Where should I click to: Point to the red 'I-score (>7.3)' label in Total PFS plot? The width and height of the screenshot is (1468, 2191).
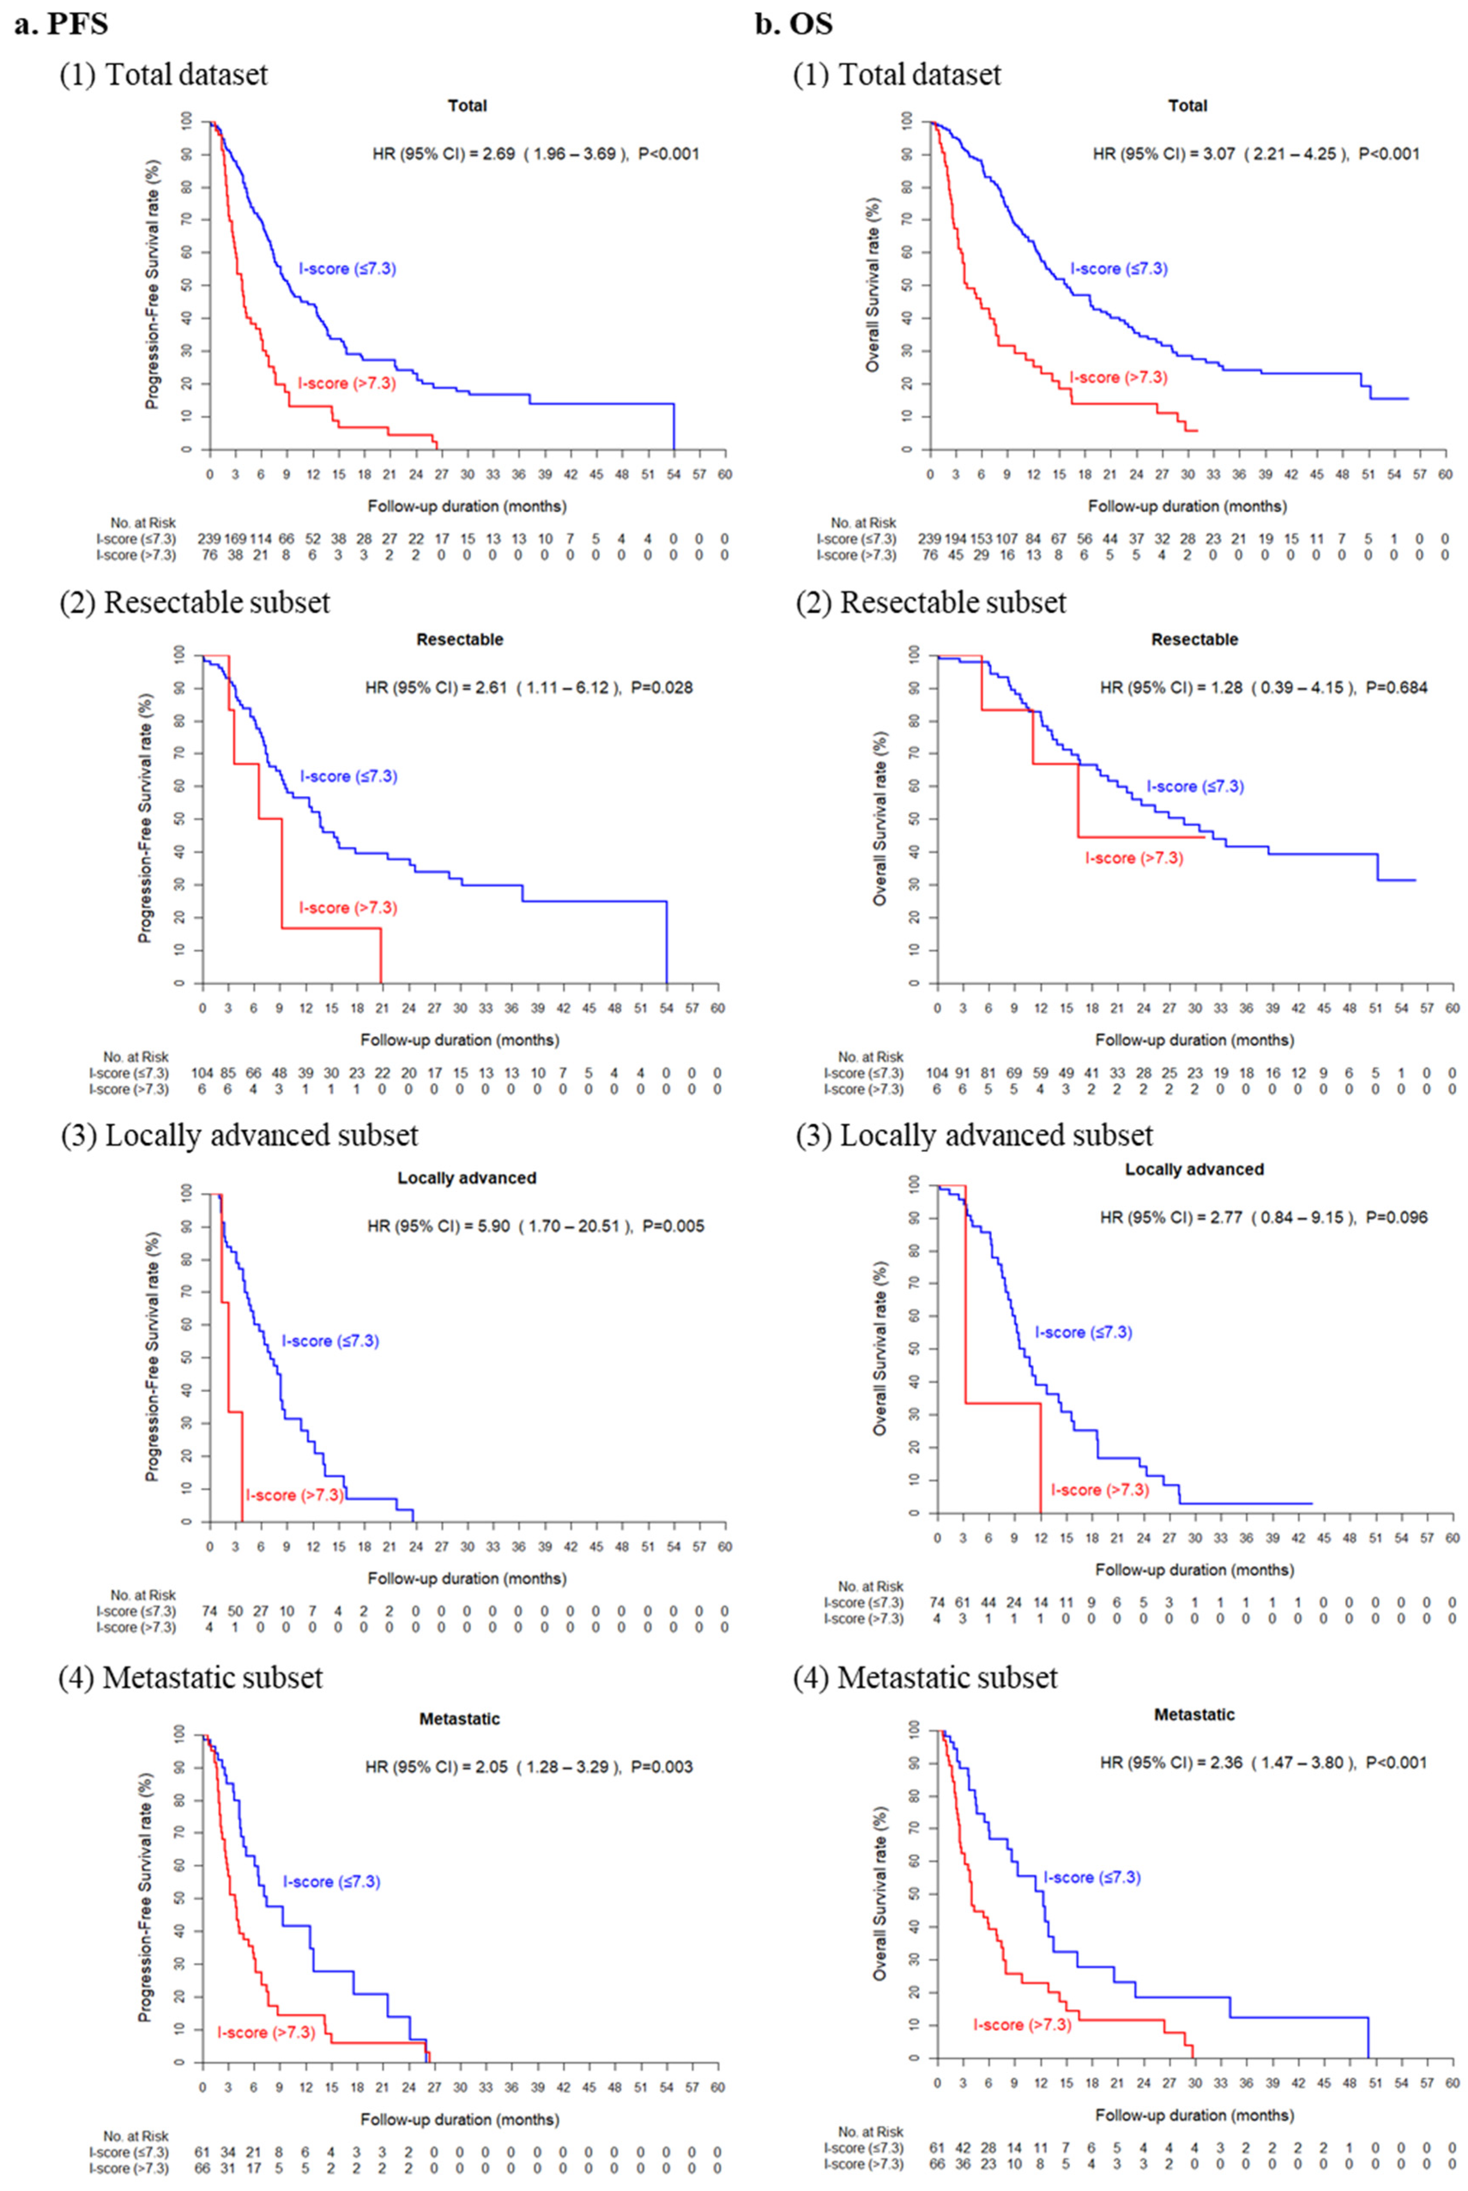[x=347, y=383]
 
